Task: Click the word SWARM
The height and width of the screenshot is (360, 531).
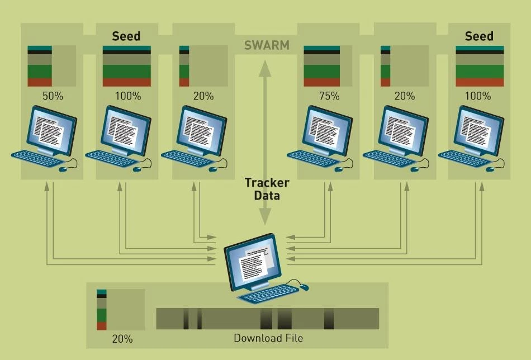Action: click(267, 45)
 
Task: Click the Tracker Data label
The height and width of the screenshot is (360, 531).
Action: click(267, 189)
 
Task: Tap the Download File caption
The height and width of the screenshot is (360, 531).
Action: click(268, 338)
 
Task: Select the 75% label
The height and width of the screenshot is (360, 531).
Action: click(329, 96)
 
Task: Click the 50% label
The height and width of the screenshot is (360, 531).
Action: click(53, 96)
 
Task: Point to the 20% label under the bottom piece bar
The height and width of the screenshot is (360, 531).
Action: click(122, 339)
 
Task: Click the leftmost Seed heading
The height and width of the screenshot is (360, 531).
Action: click(126, 36)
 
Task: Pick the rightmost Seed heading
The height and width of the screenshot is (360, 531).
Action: click(479, 36)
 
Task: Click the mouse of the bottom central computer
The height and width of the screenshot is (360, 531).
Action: click(304, 287)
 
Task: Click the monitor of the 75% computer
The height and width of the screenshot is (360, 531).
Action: click(326, 130)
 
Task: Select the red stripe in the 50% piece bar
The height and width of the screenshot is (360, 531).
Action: click(40, 82)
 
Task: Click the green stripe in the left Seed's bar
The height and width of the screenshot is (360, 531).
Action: click(127, 72)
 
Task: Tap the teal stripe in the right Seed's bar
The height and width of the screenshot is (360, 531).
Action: click(480, 48)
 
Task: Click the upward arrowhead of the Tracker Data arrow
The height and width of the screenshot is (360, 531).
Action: click(265, 68)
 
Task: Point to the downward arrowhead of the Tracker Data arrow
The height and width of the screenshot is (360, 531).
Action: click(265, 217)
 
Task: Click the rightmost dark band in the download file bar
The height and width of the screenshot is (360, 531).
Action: click(329, 319)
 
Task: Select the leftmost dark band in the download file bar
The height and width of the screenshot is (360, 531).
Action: click(186, 319)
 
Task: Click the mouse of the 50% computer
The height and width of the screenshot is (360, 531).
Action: click(63, 169)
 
